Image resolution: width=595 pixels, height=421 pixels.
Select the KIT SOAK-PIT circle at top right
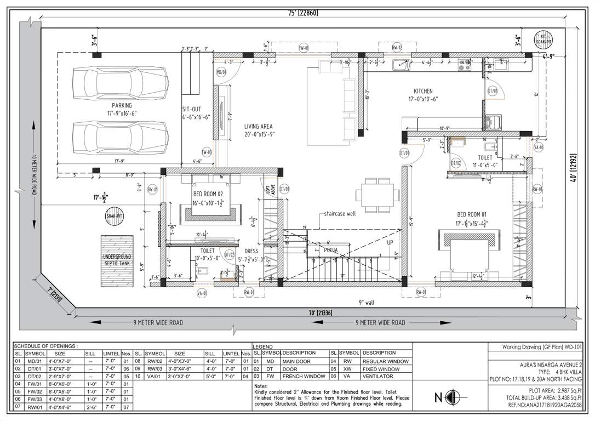(x=544, y=39)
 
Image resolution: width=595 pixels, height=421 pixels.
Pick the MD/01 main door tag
(x=221, y=72)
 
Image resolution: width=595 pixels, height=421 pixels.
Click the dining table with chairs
(x=377, y=194)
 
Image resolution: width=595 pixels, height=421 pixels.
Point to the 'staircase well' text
(x=340, y=214)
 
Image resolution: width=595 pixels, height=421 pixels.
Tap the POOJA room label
(x=330, y=249)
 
